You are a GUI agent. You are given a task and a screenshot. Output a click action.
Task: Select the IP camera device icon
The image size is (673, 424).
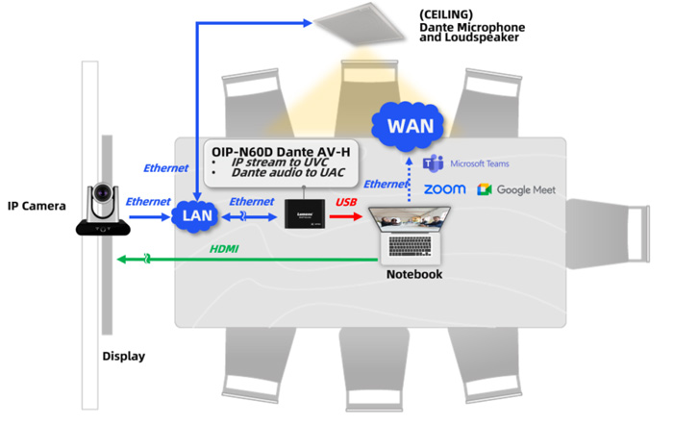pos(103,212)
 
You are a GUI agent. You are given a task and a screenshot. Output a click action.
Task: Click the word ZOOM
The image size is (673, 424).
pos(445,189)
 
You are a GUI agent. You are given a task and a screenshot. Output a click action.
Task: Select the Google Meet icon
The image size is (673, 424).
pos(485,189)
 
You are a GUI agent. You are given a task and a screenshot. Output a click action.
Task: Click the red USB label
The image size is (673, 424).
pos(348,202)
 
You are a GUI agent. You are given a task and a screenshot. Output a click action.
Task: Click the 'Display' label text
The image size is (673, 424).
pos(123,357)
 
